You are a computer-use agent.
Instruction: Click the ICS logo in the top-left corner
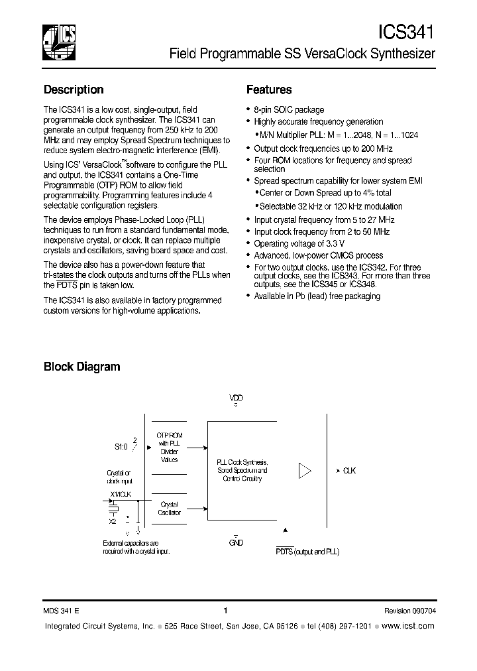pos(58,41)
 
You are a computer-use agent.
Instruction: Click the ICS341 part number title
pos(406,32)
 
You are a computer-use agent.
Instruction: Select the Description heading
pos(74,90)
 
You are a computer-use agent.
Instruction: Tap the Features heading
pos(269,90)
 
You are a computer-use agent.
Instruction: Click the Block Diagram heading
pos(81,366)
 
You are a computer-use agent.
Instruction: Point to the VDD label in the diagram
pos(236,398)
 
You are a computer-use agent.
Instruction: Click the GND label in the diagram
pos(236,542)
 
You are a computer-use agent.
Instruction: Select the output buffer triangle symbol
pos(305,471)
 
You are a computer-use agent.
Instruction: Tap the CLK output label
pos(349,471)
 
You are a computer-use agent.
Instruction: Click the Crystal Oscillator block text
pos(169,509)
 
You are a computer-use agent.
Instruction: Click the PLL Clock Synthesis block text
pos(242,469)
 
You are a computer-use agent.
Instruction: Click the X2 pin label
pos(113,521)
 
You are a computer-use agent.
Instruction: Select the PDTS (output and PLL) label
pos(307,552)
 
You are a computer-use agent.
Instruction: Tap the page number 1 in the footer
pos(226,611)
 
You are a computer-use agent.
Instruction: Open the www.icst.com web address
pos(408,626)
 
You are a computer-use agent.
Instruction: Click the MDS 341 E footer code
pos(62,611)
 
